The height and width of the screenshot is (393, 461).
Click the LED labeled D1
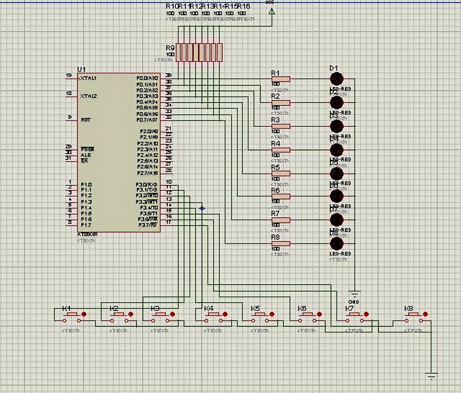pos(336,78)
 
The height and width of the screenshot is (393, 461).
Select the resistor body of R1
pos(281,79)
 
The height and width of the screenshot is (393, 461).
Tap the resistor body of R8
pos(281,244)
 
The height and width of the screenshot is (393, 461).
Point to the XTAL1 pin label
pos(89,78)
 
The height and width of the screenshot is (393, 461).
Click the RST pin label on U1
pos(86,120)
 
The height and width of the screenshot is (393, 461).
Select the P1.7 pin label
pos(86,225)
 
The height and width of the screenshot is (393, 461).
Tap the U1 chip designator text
pos(81,69)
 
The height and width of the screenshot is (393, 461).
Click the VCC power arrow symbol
pos(272,12)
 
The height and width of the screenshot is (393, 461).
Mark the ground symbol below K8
pos(431,376)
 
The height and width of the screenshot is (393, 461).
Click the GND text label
pos(354,302)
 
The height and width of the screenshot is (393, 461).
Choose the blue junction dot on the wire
pos(202,208)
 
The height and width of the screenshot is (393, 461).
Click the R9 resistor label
pos(170,48)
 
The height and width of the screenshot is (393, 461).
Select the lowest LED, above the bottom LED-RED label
pos(336,244)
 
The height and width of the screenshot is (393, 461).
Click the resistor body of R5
pos(281,173)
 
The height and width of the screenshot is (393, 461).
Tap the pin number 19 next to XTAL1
pos(69,75)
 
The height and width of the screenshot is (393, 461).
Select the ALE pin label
pos(86,155)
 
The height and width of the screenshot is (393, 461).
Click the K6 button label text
pos(302,308)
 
